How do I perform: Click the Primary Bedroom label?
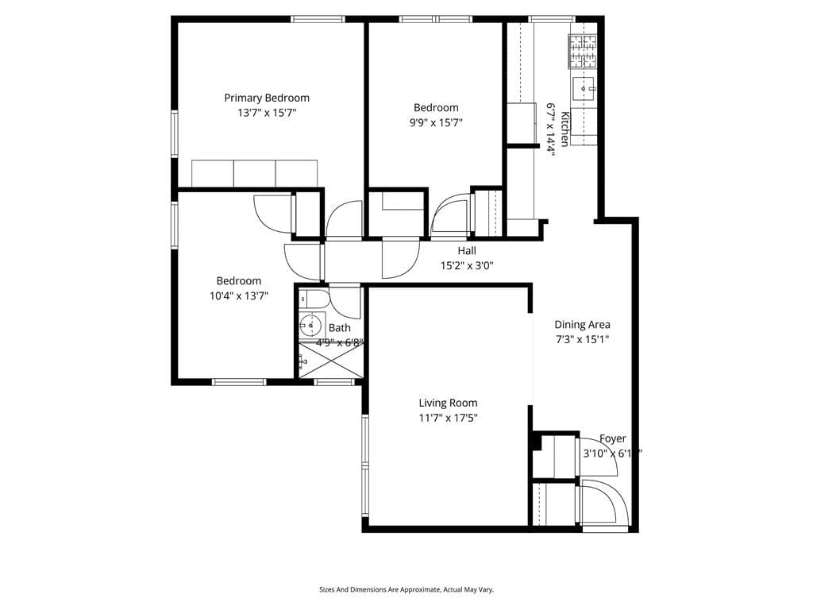(x=267, y=98)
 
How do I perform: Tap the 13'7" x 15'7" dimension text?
(x=267, y=113)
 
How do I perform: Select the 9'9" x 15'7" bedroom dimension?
(x=436, y=122)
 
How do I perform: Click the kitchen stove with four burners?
(x=583, y=50)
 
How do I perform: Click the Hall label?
(x=467, y=251)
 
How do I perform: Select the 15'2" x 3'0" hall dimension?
(x=467, y=266)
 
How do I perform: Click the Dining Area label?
(x=582, y=324)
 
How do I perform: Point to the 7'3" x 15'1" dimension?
(x=582, y=339)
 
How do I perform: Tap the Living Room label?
(x=449, y=403)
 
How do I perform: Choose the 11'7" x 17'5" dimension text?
(x=449, y=418)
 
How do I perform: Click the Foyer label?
(x=612, y=438)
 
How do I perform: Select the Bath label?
(x=340, y=327)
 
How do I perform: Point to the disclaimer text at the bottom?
(x=406, y=589)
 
